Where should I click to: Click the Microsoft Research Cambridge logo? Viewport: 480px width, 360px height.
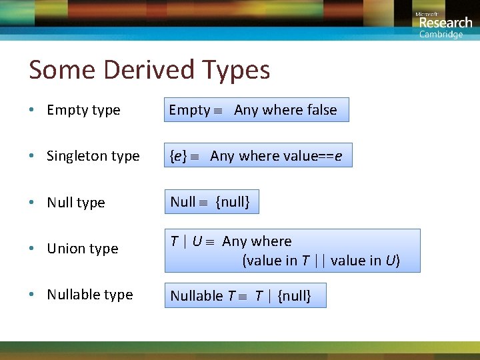click(x=443, y=24)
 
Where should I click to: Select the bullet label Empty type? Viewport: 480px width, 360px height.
click(x=83, y=110)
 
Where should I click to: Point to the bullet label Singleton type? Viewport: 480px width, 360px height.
click(x=93, y=156)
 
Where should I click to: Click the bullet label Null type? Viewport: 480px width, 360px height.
click(x=75, y=203)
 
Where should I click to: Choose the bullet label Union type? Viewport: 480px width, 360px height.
click(x=82, y=249)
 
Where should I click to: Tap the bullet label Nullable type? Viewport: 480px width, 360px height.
click(x=89, y=295)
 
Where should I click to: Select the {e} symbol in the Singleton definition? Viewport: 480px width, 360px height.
click(x=178, y=156)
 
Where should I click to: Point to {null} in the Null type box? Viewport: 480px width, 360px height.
click(x=233, y=202)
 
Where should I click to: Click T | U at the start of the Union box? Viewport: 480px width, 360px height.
click(x=186, y=241)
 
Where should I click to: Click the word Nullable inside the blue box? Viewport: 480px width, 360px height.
click(x=197, y=295)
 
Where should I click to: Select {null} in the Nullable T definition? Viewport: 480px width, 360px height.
click(x=294, y=295)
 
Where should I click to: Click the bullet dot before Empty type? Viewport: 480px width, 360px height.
click(x=31, y=111)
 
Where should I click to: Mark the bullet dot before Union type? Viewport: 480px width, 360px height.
click(x=31, y=249)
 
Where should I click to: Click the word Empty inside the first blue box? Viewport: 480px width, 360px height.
click(x=189, y=110)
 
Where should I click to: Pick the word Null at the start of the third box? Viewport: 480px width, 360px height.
click(x=183, y=202)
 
